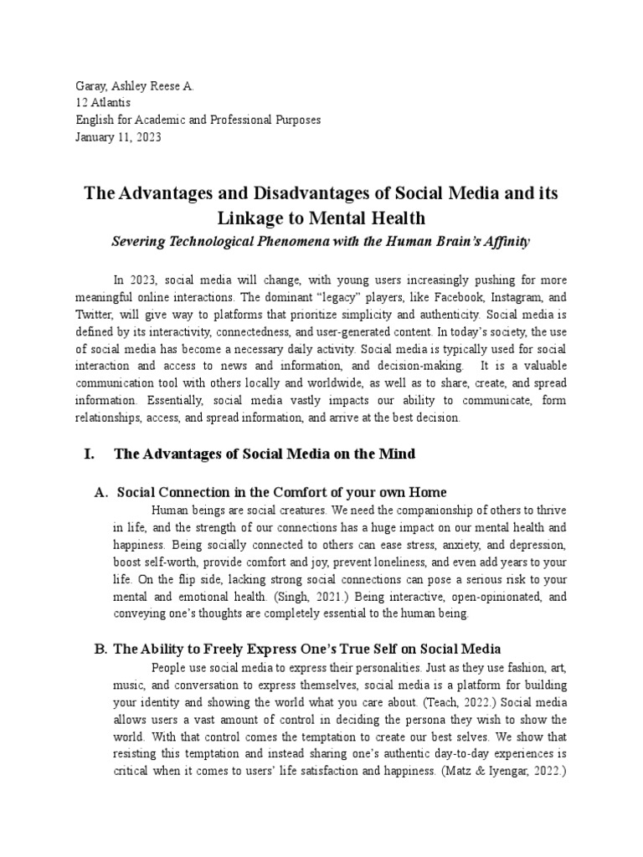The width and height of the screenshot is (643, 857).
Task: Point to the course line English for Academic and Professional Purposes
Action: (194, 120)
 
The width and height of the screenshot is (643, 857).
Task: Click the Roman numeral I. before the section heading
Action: (90, 454)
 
